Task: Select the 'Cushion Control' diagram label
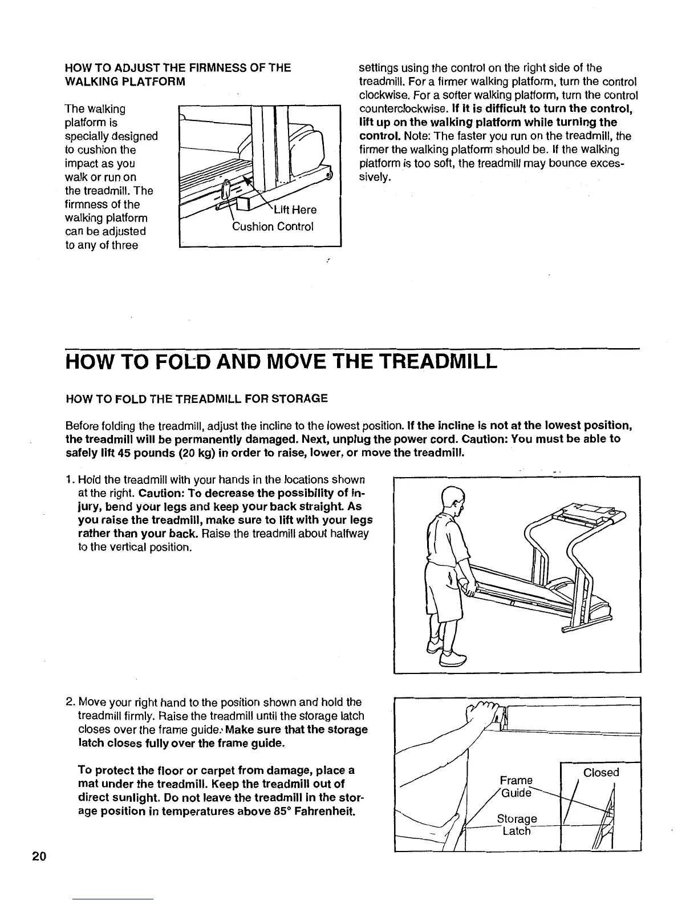click(273, 227)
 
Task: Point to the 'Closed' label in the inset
click(601, 772)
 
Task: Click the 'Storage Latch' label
click(517, 825)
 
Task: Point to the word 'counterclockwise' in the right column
click(397, 109)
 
